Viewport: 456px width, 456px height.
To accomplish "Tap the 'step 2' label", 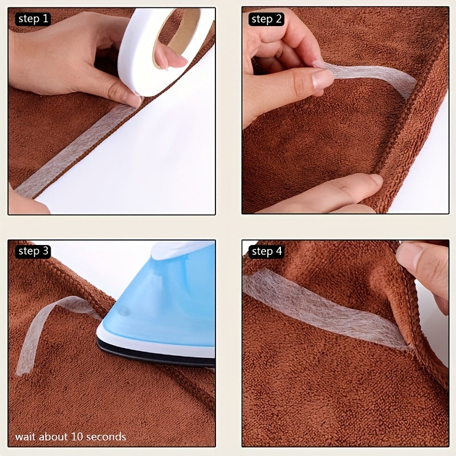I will (266, 19).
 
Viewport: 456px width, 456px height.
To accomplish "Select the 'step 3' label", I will (34, 251).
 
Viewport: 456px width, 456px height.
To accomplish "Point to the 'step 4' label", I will (266, 251).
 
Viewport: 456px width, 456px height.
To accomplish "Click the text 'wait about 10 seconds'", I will (71, 437).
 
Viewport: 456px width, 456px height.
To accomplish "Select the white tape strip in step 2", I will (370, 77).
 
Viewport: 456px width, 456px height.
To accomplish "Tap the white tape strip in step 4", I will (319, 308).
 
